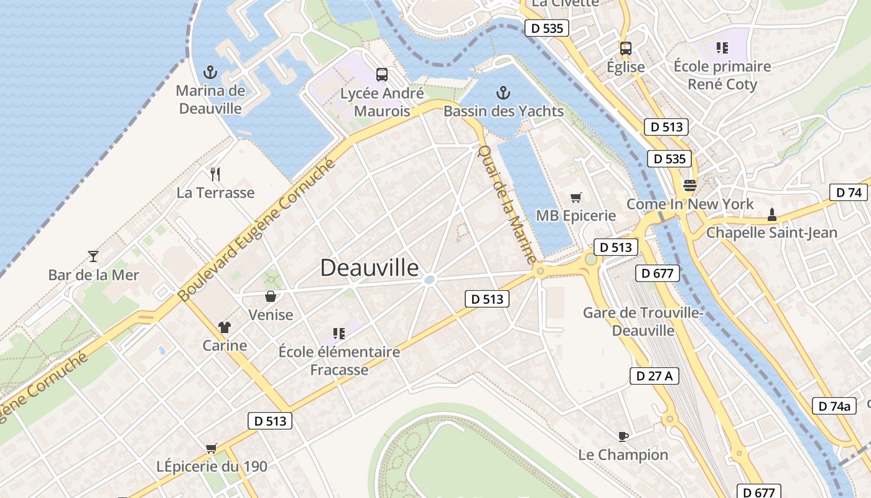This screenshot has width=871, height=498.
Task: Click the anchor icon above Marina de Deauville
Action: coord(210,73)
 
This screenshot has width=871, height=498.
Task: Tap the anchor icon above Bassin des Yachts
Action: coord(503,93)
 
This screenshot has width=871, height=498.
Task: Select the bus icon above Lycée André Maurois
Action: coord(382,75)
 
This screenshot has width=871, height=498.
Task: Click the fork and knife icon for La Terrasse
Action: coord(216,174)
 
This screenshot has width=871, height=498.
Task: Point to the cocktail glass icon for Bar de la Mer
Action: coord(93,256)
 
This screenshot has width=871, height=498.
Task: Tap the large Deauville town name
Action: coord(370,268)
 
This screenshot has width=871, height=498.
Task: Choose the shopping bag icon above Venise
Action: coord(271,296)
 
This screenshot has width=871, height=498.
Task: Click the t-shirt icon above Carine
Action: coord(225,327)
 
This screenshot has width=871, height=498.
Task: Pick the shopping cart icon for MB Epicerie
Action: coord(576,197)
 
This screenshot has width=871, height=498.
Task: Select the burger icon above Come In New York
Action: coord(689,185)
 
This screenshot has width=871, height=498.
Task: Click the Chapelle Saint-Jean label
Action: coord(771,233)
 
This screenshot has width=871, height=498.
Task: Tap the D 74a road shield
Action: coord(834,406)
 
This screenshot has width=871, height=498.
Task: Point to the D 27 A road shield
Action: coord(654,376)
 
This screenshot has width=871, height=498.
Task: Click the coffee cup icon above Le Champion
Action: coord(623,436)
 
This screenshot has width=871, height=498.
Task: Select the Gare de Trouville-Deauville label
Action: coord(643,321)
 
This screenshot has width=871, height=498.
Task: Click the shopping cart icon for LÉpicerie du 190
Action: coord(212,448)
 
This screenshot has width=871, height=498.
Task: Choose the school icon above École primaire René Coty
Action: coord(722,47)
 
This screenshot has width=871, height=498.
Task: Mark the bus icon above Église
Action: coord(625,48)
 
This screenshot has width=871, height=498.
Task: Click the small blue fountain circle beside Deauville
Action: coord(429,280)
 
